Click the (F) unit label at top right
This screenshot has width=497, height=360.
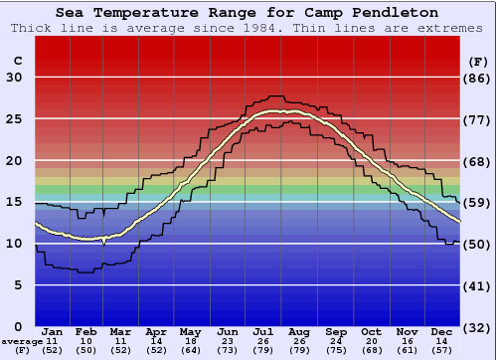[x=478, y=61]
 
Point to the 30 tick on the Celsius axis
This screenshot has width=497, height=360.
[x=14, y=78]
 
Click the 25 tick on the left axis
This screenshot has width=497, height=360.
[x=14, y=119]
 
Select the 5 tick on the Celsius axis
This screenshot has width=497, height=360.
[x=18, y=285]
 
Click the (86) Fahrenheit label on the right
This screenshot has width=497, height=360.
[x=478, y=78]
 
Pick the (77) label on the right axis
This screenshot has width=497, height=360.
[x=478, y=119]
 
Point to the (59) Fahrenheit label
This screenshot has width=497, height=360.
[x=478, y=203]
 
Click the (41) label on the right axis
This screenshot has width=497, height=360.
[x=478, y=285]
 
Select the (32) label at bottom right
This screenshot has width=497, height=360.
[x=478, y=326]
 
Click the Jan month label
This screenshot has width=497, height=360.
[x=53, y=331]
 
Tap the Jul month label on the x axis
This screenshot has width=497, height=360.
[x=264, y=331]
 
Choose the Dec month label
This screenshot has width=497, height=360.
[x=441, y=331]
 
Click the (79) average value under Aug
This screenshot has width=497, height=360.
[x=299, y=350]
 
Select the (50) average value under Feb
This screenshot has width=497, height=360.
[x=87, y=350]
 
